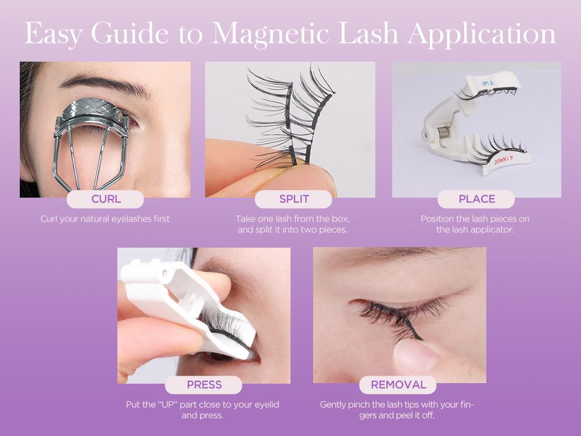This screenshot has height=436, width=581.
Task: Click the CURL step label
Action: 105,199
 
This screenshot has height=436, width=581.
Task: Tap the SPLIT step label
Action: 293,199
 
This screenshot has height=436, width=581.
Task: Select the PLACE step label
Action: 476,199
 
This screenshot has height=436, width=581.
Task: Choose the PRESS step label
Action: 204,385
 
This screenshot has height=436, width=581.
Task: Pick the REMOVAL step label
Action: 398,385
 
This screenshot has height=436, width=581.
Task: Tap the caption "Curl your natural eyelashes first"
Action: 105,219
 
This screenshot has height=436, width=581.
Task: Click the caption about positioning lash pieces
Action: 475,224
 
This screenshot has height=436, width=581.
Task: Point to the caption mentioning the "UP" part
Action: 203,410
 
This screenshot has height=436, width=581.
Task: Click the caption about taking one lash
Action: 292,224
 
